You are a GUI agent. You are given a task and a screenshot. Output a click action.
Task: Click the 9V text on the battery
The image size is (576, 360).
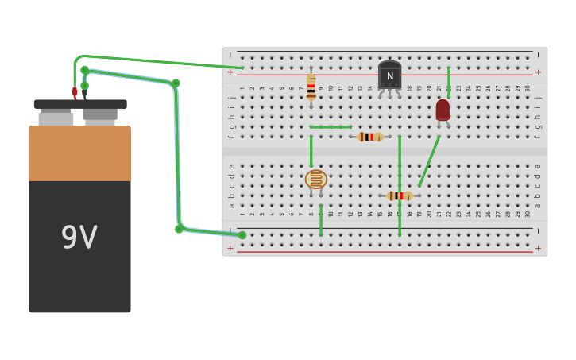79,238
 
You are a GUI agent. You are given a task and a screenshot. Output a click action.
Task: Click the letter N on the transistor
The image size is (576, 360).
389,76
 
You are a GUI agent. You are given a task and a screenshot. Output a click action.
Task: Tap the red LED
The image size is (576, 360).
443,110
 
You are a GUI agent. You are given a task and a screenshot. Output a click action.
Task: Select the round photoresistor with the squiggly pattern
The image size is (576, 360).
315,179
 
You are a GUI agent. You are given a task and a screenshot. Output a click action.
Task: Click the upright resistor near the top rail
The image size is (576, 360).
311,87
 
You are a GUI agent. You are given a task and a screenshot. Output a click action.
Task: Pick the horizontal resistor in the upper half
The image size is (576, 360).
370,137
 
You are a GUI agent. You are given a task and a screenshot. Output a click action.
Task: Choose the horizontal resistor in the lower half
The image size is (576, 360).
400,195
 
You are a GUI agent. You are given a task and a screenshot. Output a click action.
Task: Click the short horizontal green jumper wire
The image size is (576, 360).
331,126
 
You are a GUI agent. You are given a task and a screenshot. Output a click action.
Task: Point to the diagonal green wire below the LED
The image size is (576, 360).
429,161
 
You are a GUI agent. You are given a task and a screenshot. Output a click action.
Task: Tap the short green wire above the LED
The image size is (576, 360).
448,82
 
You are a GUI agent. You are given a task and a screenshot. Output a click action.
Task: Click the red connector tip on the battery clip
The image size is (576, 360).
75,92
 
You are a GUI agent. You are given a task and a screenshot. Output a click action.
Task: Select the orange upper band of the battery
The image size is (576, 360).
79,153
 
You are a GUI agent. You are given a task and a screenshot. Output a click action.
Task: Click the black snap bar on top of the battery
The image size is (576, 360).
79,104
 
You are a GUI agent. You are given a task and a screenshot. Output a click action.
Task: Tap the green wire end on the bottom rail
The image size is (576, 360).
242,235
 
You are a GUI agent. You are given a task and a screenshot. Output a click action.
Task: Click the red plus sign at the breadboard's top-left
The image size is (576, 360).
230,72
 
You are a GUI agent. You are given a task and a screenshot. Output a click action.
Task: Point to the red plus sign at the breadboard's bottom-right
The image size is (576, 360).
538,248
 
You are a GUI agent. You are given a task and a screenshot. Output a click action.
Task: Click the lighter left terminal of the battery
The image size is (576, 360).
56,118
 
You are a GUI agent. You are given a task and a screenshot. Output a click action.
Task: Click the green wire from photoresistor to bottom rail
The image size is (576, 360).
321,220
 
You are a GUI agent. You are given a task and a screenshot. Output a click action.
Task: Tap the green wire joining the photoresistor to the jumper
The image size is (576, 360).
311,151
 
